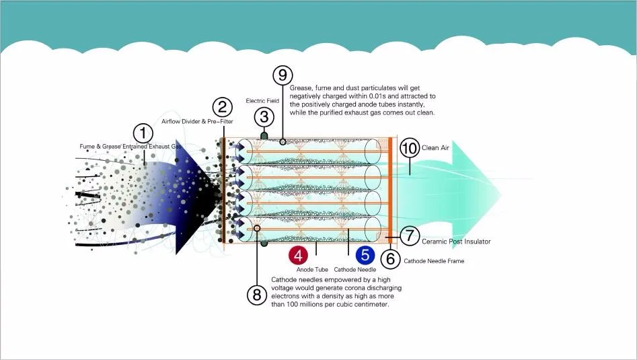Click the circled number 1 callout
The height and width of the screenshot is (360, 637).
(143, 132)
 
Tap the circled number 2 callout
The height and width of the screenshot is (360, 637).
(222, 106)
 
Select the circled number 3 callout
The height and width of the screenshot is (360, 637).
(264, 117)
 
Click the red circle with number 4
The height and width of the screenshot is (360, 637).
(299, 256)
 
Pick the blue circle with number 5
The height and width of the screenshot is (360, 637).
(365, 256)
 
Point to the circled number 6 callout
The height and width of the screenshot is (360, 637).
(389, 258)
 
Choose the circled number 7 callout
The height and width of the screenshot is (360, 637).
(409, 236)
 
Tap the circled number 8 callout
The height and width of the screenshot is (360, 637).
(256, 293)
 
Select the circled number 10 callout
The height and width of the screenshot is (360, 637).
(409, 147)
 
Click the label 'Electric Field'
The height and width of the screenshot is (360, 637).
(262, 101)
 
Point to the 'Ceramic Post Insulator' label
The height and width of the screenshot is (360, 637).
(456, 241)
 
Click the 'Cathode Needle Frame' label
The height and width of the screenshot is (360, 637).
(434, 261)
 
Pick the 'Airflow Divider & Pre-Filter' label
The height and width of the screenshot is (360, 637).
(197, 121)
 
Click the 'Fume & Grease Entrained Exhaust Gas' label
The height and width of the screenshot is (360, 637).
(130, 146)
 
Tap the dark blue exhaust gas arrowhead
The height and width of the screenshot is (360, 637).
(198, 195)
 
